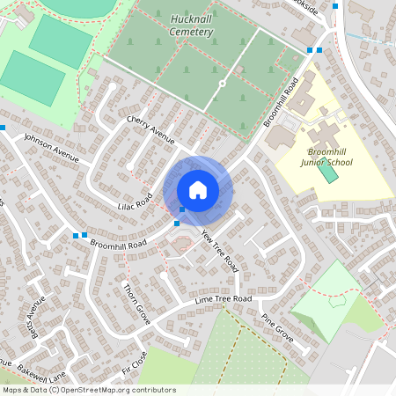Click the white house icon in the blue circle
(197, 189)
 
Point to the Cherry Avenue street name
(150, 129)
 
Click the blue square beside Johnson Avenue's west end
(3, 128)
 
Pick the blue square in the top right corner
(335, 6)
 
